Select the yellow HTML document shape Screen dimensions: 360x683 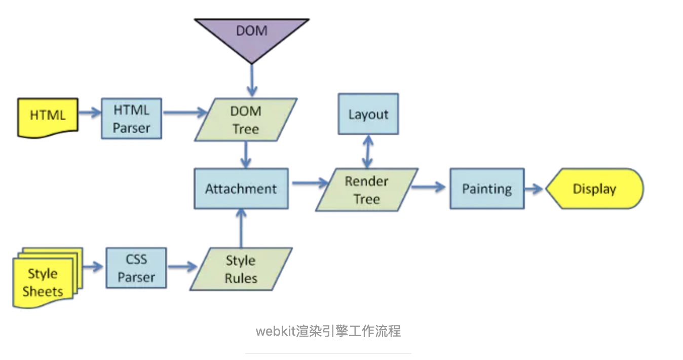tap(48, 117)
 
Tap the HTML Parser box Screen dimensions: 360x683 tap(131, 119)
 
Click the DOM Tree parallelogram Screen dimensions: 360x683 tap(246, 120)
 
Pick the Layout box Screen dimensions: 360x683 tap(368, 114)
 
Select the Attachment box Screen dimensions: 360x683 tap(241, 189)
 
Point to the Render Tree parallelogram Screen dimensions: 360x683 tap(366, 190)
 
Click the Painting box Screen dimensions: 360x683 tap(487, 189)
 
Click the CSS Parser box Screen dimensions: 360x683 tap(136, 268)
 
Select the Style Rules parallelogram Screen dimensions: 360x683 tap(241, 269)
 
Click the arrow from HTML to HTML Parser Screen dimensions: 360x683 tap(90, 113)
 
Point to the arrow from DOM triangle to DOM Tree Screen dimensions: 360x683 tap(251, 80)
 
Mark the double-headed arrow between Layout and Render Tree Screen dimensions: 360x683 tap(367, 151)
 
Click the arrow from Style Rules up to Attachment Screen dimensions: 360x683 tap(241, 228)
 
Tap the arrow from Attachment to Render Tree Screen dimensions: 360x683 tap(309, 183)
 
